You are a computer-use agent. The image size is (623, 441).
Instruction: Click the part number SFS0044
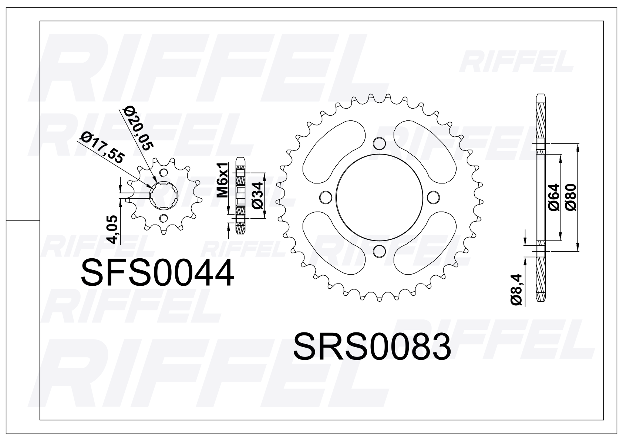pyautogui.click(x=158, y=272)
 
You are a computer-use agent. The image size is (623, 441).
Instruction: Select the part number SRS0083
pyautogui.click(x=372, y=346)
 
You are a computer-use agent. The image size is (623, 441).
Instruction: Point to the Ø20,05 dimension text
pyautogui.click(x=138, y=128)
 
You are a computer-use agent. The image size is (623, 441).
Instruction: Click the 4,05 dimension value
pyautogui.click(x=112, y=229)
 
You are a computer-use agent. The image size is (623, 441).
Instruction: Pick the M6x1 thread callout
pyautogui.click(x=223, y=180)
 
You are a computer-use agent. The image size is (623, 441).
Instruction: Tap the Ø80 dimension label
pyautogui.click(x=571, y=197)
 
